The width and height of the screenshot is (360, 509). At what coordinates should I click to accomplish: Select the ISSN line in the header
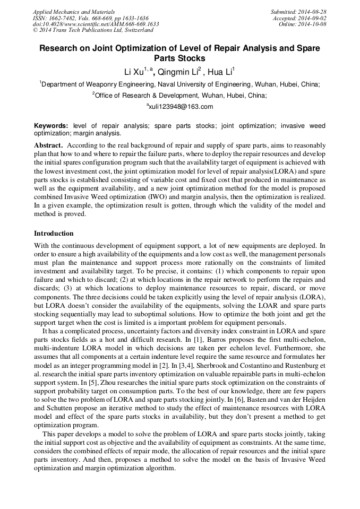click(91, 18)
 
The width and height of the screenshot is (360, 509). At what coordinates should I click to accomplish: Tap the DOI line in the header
click(96, 24)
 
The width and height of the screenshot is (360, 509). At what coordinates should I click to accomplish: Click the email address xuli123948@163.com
click(180, 107)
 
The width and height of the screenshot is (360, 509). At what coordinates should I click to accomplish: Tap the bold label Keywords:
click(51, 126)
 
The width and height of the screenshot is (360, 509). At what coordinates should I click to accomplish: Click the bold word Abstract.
click(48, 145)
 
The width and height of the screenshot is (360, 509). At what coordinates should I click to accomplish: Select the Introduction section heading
click(54, 233)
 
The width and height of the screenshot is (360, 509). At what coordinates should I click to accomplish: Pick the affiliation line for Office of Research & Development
click(180, 96)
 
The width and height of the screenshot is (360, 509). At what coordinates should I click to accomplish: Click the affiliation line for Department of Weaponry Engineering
click(180, 84)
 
